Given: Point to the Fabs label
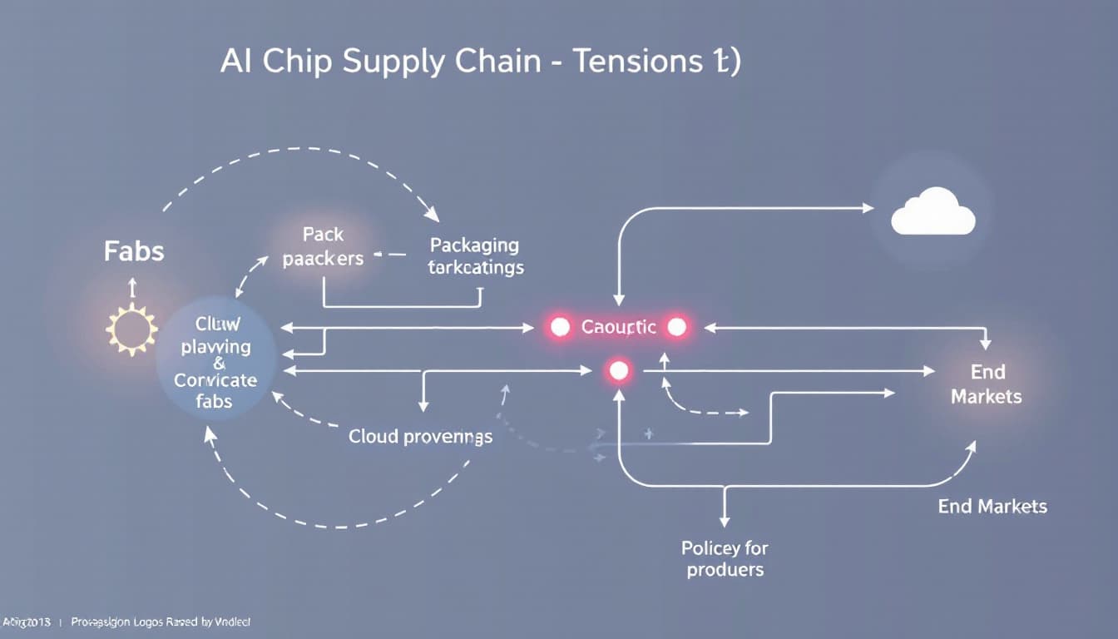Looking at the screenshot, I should [134, 250].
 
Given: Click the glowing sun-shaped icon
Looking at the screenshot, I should [131, 329].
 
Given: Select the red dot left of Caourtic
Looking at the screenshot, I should [560, 327].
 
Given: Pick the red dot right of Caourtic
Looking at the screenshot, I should [677, 327].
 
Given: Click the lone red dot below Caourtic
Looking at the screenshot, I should [618, 371].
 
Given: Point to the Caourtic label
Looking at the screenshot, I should [618, 327].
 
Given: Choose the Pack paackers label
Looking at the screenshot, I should [323, 246].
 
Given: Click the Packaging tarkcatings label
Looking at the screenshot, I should [475, 256].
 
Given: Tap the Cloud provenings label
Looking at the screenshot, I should [420, 436].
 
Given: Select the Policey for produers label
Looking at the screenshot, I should [725, 558].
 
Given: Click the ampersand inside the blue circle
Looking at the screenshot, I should [219, 363].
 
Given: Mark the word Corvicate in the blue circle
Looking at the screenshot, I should [215, 381].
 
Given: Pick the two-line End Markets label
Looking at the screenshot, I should [987, 384].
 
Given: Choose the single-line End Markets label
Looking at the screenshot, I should [992, 506].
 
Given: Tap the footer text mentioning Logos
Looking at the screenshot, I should [161, 622].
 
